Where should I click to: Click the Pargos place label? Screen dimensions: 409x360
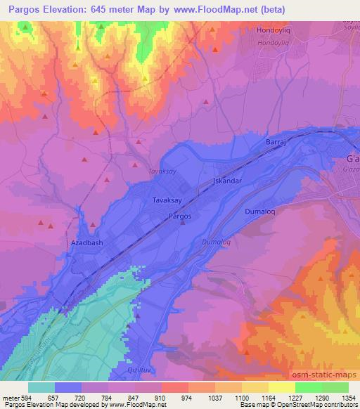pos(180,216)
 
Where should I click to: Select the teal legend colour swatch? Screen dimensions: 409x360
pos(42,387)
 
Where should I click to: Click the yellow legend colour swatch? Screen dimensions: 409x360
pos(283,387)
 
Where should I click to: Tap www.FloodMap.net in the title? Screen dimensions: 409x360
pos(222,11)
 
